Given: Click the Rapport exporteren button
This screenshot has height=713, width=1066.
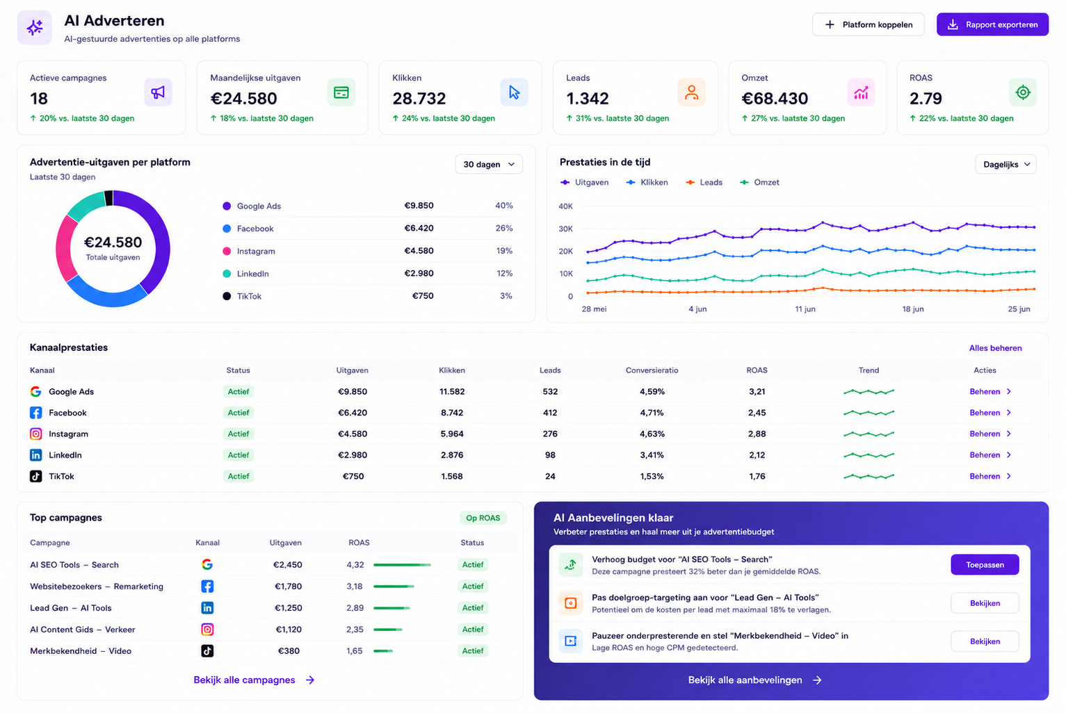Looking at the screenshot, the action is tap(992, 25).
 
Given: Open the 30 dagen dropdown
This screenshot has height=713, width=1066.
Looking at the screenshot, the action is tap(489, 164).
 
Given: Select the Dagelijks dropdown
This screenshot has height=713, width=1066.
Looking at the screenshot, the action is tap(1006, 164).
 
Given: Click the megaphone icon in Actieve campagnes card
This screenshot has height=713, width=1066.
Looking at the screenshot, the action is tap(158, 92).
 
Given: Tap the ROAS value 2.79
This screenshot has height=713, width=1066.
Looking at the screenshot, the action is tap(925, 99).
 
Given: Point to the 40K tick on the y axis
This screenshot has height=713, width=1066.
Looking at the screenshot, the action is tap(565, 206).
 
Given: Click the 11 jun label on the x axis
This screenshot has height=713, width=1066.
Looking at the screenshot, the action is tap(805, 309).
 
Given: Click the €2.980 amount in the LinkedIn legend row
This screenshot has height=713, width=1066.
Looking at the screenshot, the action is tap(419, 274).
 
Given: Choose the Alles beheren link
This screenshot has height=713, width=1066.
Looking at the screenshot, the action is tap(995, 348).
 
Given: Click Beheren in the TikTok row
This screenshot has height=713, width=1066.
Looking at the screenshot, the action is tap(985, 476).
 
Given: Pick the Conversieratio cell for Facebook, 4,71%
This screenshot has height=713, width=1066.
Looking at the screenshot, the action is tap(652, 413).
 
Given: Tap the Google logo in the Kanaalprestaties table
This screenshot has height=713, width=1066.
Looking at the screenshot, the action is tap(35, 391).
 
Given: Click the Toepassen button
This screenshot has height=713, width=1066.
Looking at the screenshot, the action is tap(985, 564).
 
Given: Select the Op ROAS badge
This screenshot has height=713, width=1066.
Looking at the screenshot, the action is tap(483, 518).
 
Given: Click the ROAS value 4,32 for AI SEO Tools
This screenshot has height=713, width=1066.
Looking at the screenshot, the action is tap(355, 564).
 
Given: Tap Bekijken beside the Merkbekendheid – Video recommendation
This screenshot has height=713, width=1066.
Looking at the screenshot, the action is tap(985, 641).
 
